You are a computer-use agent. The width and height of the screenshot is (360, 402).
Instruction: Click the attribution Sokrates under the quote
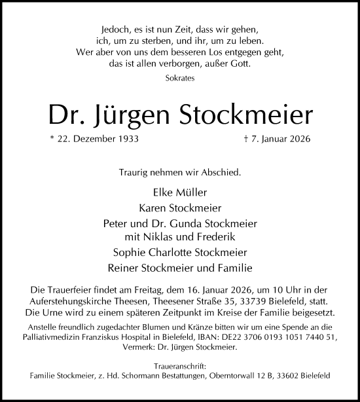(x=180, y=77)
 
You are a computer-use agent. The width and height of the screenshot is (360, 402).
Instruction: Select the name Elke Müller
(x=180, y=193)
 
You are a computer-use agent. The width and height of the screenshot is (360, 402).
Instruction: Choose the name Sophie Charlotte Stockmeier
(x=180, y=251)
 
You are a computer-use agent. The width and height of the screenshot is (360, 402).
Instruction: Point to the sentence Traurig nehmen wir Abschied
(x=180, y=174)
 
